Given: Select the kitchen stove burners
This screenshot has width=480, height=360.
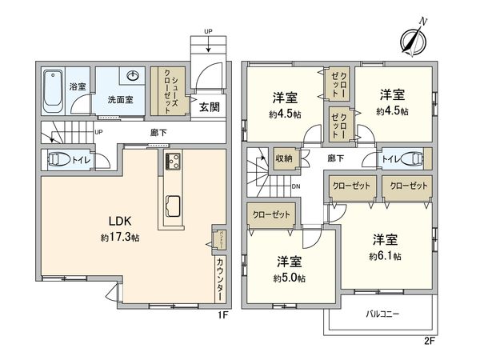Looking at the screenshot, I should pos(173,162).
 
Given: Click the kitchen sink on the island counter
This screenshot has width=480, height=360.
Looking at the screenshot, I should pos(173,210).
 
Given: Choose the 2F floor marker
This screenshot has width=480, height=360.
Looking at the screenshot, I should pos(430,341).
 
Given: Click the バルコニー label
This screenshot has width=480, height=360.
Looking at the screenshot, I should pos(382,314).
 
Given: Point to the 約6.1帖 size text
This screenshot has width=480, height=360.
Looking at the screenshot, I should pos(386,256).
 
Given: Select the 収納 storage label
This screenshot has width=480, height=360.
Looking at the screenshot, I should pos(284,158).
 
